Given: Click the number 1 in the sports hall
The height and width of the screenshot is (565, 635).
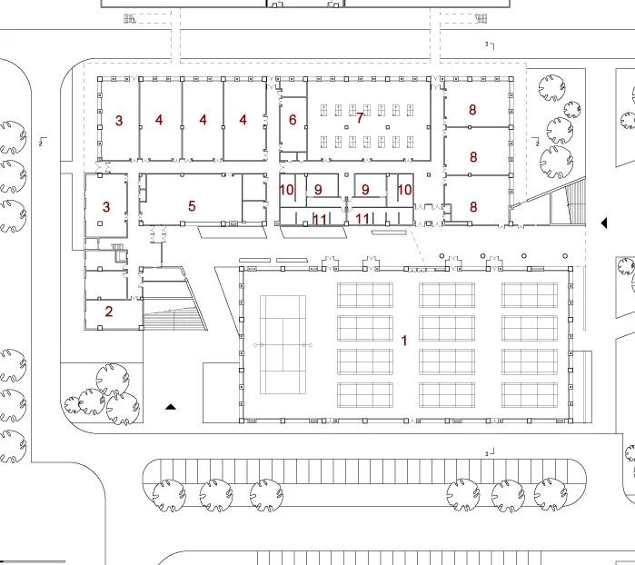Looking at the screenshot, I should coord(403,339).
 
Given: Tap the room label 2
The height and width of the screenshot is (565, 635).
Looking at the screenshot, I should coord(109,312).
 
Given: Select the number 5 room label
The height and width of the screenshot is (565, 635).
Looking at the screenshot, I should coord(192,206).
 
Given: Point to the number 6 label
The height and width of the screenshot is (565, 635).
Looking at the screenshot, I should coord(293,120).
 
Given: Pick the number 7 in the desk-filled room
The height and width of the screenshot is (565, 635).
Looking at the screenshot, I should coord(360,117).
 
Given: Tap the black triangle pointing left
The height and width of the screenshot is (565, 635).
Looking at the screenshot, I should coord(603,223).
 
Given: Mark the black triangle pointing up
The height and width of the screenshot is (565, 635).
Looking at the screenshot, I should coord(170,407).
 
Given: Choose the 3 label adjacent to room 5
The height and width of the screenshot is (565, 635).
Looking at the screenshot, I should coord(106,207).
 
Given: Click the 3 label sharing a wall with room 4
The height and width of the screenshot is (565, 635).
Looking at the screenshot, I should coord(119,120).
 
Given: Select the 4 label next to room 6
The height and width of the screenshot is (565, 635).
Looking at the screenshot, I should coord(243,120).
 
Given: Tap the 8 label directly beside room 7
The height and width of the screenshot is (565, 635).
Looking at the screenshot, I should coord(472,110).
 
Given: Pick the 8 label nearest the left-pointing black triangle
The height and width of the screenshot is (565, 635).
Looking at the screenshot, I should coord(473,207).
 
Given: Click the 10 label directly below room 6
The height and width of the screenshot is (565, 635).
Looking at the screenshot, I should coord(287,190).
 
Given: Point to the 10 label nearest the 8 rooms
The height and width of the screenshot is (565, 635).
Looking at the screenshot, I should coord(404,190).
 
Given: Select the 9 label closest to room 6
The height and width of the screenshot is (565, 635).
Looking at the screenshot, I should coord(318,190).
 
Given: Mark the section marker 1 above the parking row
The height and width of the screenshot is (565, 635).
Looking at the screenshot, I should coord(490,452).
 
